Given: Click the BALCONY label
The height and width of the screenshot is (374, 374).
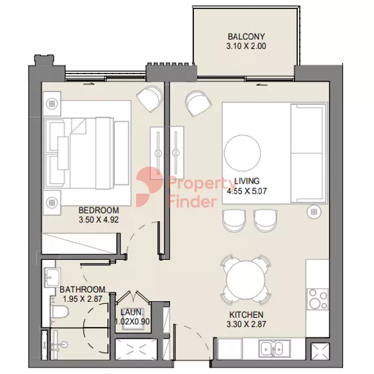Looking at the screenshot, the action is coord(246,37).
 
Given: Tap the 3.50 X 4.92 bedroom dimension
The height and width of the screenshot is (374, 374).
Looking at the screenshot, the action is coord(99,220).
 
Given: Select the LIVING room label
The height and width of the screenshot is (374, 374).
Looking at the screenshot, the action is coord(247,181).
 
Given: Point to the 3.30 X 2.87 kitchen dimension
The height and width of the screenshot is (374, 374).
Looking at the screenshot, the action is coord(246,324).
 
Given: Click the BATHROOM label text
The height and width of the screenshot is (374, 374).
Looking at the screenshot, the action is coord(83,290).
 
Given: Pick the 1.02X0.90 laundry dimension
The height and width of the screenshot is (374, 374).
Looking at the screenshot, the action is coord(132,322).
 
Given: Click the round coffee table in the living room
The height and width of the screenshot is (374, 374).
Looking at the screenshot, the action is coord(242,153).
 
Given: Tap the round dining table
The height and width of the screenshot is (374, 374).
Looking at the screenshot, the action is coord(246,279).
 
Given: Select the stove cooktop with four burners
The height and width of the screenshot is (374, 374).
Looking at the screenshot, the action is coord(317,299).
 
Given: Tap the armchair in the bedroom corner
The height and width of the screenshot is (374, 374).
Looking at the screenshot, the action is coord(150,97).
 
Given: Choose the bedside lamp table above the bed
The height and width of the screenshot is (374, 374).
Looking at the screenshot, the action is coord(52,104).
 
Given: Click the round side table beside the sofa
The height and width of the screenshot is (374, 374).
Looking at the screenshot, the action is coord(314,212).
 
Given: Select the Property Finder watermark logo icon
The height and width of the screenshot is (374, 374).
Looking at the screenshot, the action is coord(150,187).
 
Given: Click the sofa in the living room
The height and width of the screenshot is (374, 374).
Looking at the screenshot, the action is coord(309,153).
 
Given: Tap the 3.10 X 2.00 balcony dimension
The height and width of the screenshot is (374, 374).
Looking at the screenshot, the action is coord(246,46).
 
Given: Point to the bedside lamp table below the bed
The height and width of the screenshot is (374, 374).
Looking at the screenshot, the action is coord(52,202).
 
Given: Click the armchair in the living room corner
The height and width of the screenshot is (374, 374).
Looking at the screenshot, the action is coord(198,103).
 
